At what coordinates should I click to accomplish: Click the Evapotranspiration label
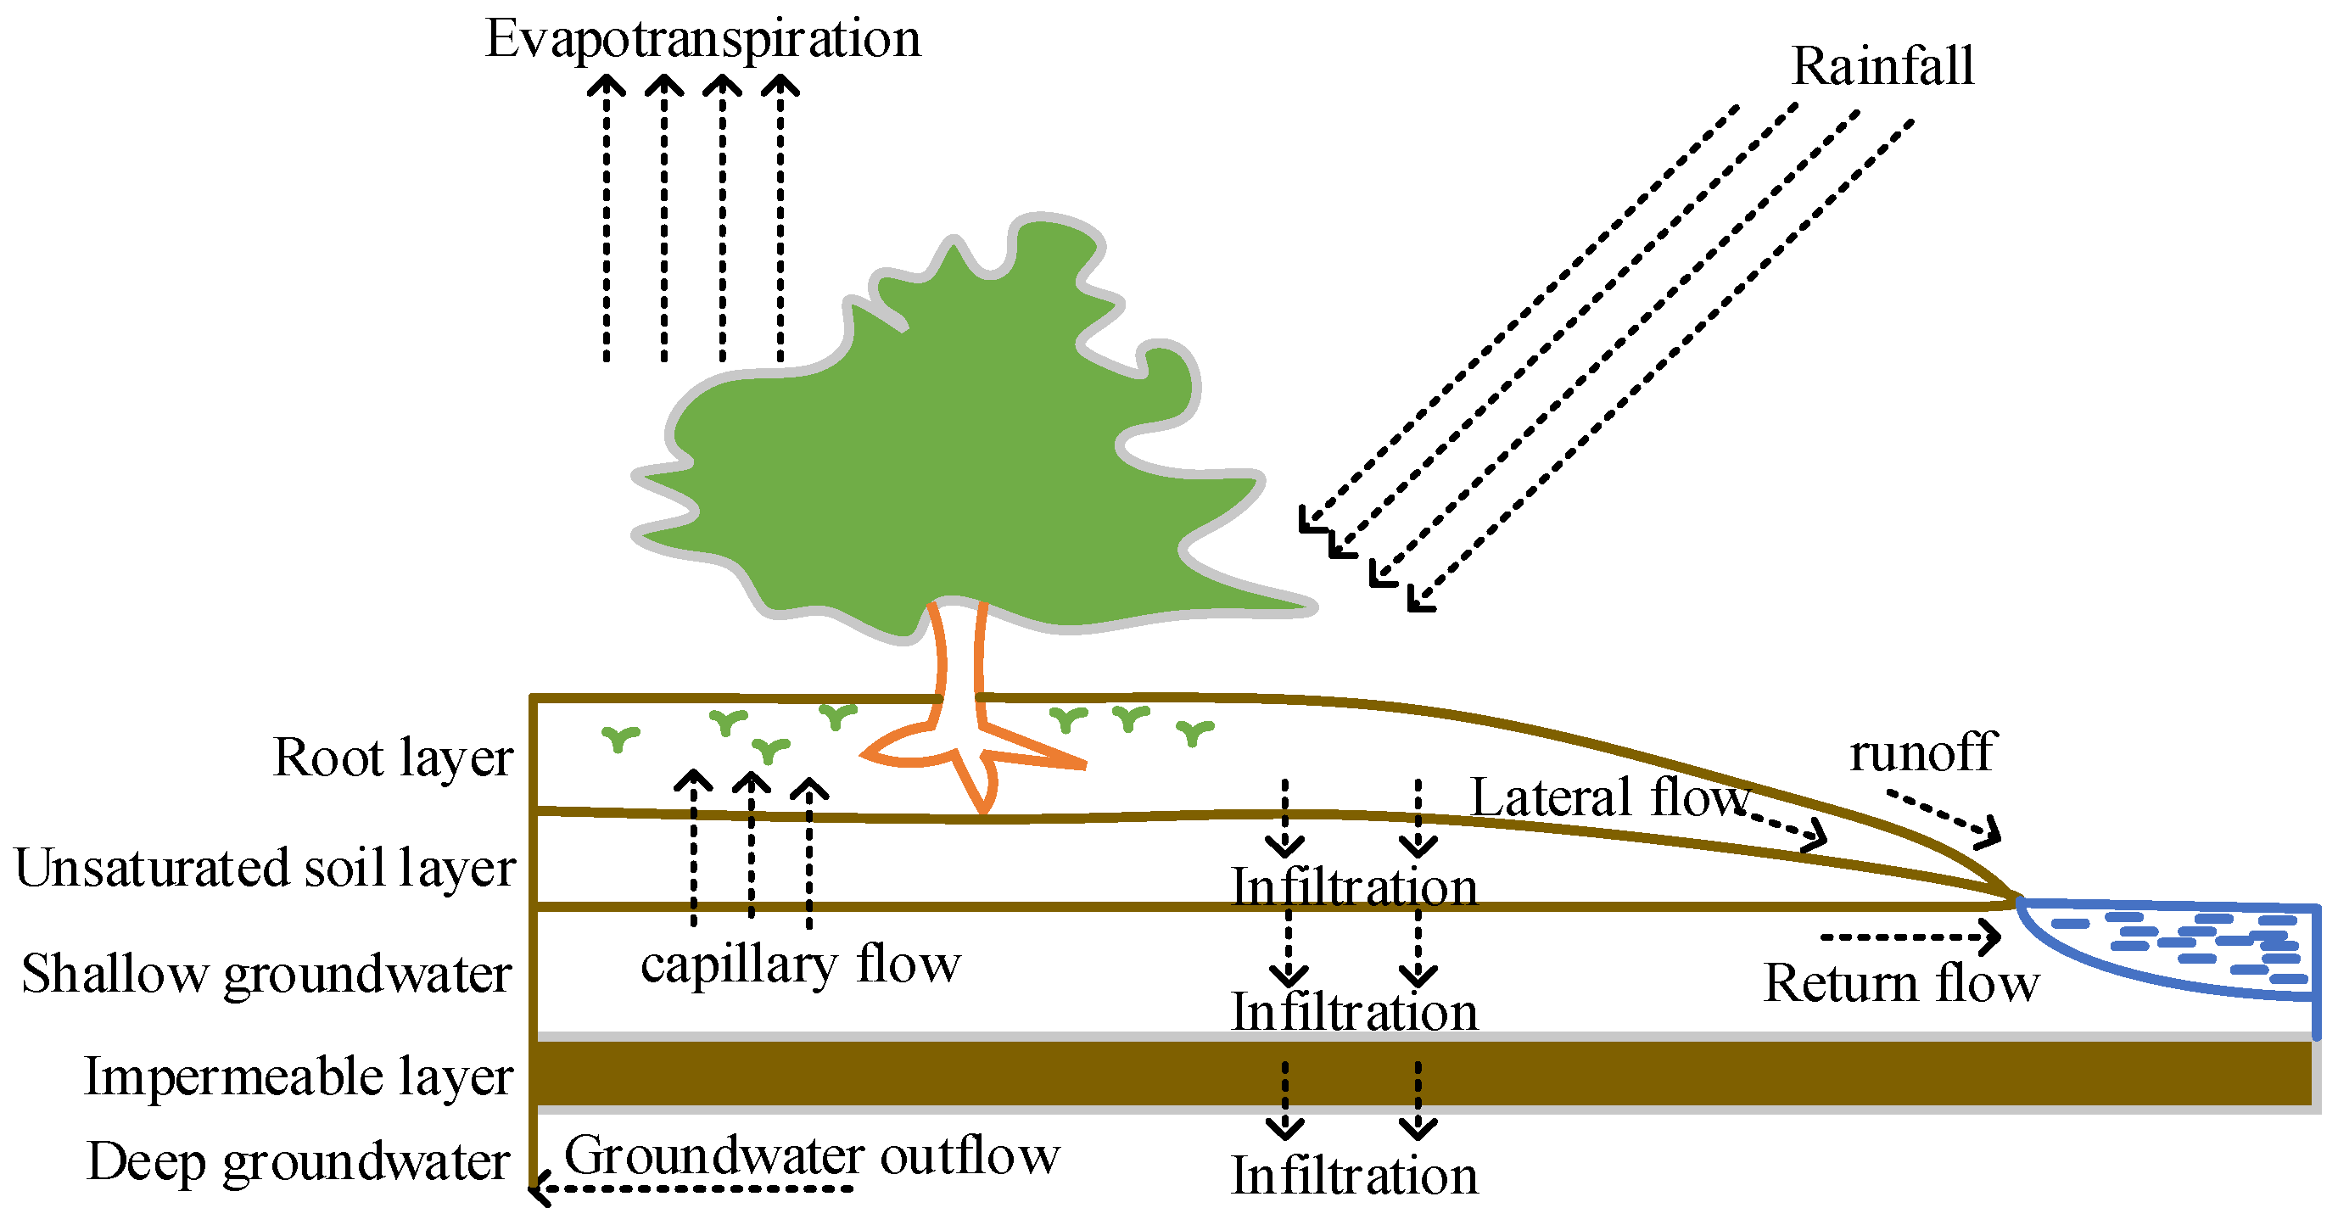702,40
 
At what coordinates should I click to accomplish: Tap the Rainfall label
1882,66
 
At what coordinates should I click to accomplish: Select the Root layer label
393,758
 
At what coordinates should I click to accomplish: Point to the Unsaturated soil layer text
265,869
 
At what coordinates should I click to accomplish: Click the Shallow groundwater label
266,975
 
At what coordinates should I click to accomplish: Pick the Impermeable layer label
299,1077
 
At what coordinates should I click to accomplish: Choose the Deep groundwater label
299,1162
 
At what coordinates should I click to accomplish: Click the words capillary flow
800,965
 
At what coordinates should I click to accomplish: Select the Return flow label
1900,984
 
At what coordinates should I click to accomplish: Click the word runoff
1922,753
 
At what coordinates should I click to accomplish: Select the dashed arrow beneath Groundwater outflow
694,1188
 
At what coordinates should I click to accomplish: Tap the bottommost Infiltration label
1354,1177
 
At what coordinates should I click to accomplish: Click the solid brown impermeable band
1362,1074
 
